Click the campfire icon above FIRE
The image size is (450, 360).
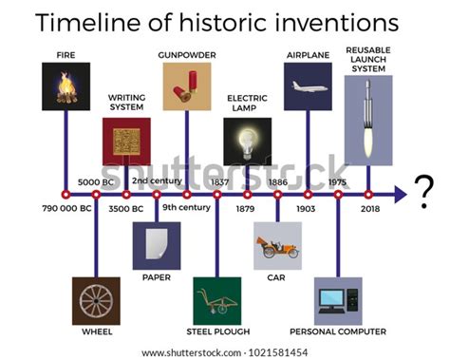(66, 86)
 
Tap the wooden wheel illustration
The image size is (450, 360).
(96, 301)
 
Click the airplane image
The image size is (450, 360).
(309, 86)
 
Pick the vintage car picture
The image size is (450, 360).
(277, 246)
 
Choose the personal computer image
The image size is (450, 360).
(338, 301)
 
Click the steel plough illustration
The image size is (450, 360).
(217, 301)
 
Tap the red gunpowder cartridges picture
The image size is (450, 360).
(186, 86)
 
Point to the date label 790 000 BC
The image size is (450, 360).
(66, 208)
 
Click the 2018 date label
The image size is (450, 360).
(370, 208)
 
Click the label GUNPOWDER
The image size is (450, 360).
(186, 54)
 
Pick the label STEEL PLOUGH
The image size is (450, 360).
(217, 332)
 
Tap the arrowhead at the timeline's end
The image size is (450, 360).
(402, 194)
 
